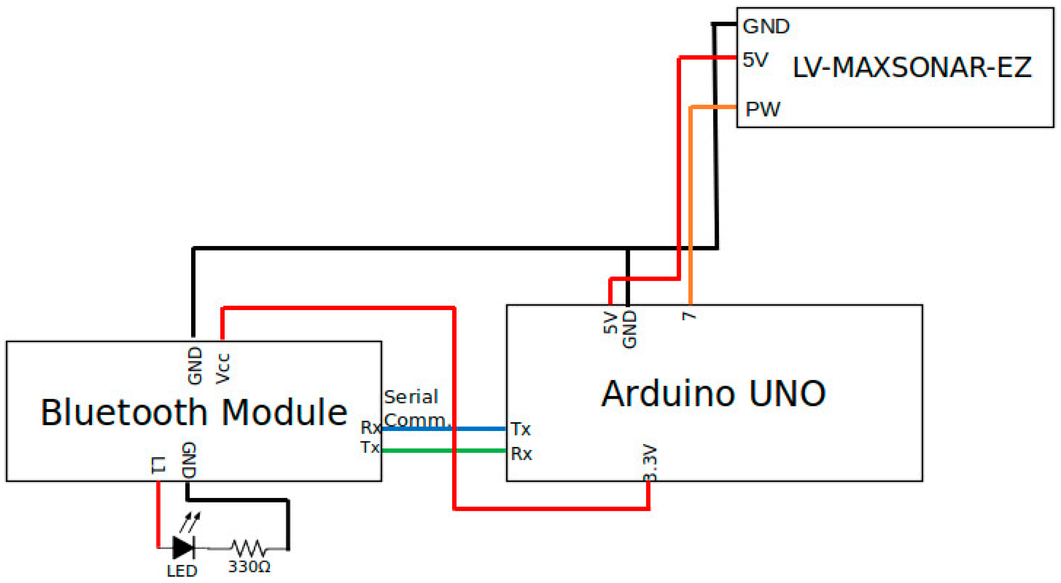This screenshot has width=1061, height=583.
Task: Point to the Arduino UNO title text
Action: (x=714, y=394)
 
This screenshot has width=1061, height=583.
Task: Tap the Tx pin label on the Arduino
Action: (x=521, y=429)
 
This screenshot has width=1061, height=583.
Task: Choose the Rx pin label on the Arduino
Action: (x=522, y=454)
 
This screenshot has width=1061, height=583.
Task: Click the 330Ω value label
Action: (x=249, y=567)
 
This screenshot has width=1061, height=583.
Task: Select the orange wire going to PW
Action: (x=691, y=206)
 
